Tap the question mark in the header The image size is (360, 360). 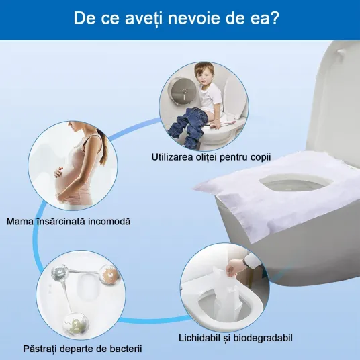274,18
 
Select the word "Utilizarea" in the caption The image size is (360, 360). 172,157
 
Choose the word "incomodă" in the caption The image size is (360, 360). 109,222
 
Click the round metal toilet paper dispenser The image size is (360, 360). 183,92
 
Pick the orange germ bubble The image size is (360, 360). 109,275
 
